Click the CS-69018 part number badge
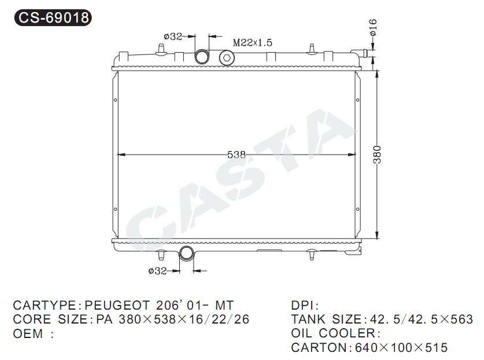[53, 17]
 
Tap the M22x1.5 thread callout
[253, 42]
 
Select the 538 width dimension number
[237, 155]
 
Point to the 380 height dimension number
[377, 155]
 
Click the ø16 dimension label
[373, 27]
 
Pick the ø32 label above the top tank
[173, 36]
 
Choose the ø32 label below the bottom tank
[157, 271]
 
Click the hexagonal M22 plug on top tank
[227, 58]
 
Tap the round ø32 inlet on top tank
[202, 57]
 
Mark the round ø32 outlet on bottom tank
[186, 253]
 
